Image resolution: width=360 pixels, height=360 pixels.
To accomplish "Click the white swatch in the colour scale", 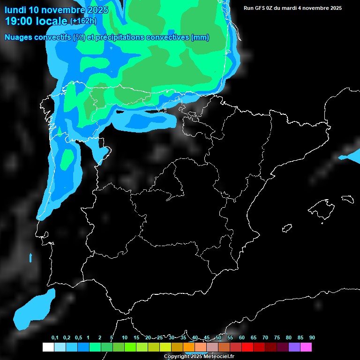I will [x=48, y=347].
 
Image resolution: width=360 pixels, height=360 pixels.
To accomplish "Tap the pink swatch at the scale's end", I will [x=306, y=347].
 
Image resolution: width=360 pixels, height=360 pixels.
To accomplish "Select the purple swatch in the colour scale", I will [x=294, y=347].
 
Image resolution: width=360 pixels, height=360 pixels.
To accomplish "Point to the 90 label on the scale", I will [x=312, y=338].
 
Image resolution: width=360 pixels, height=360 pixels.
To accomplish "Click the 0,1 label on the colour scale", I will [x=55, y=338].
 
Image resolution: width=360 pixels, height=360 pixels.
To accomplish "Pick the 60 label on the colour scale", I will [x=242, y=338].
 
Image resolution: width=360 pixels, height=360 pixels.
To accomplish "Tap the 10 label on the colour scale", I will [x=125, y=338].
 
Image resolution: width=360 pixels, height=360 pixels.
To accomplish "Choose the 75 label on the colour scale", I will [x=277, y=338].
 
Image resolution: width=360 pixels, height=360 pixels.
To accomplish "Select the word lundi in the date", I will [x=16, y=10].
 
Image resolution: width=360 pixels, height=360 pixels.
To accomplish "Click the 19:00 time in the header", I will [x=19, y=21].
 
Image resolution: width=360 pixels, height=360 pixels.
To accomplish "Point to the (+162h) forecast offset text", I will [x=83, y=21].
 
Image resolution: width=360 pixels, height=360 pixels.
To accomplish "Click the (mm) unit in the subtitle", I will [x=200, y=37].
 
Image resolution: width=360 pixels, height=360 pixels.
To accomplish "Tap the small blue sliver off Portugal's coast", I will [x=30, y=258].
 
